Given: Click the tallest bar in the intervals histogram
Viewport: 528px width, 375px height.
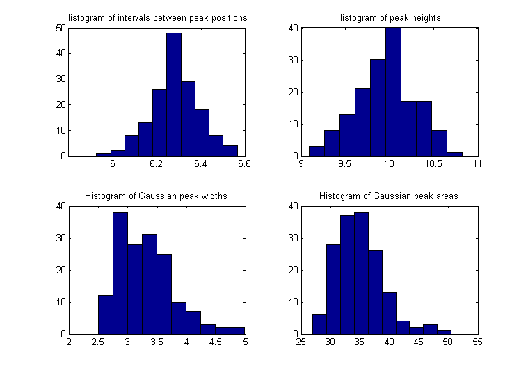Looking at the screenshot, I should pos(173,95).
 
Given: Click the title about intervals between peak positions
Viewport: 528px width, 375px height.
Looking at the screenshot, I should pos(156,17).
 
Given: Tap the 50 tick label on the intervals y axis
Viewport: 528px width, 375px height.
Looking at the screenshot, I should pos(60,29).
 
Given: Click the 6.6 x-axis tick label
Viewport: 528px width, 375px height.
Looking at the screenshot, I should pos(243,165).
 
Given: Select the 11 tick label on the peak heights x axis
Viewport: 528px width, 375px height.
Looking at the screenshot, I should pos(477,165).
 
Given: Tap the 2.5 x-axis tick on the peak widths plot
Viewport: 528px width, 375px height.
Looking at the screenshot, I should pos(98,343).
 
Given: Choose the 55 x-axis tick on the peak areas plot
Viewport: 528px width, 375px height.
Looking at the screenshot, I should pos(477,343).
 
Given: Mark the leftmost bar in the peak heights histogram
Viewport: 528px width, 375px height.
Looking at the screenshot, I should pos(317,151).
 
